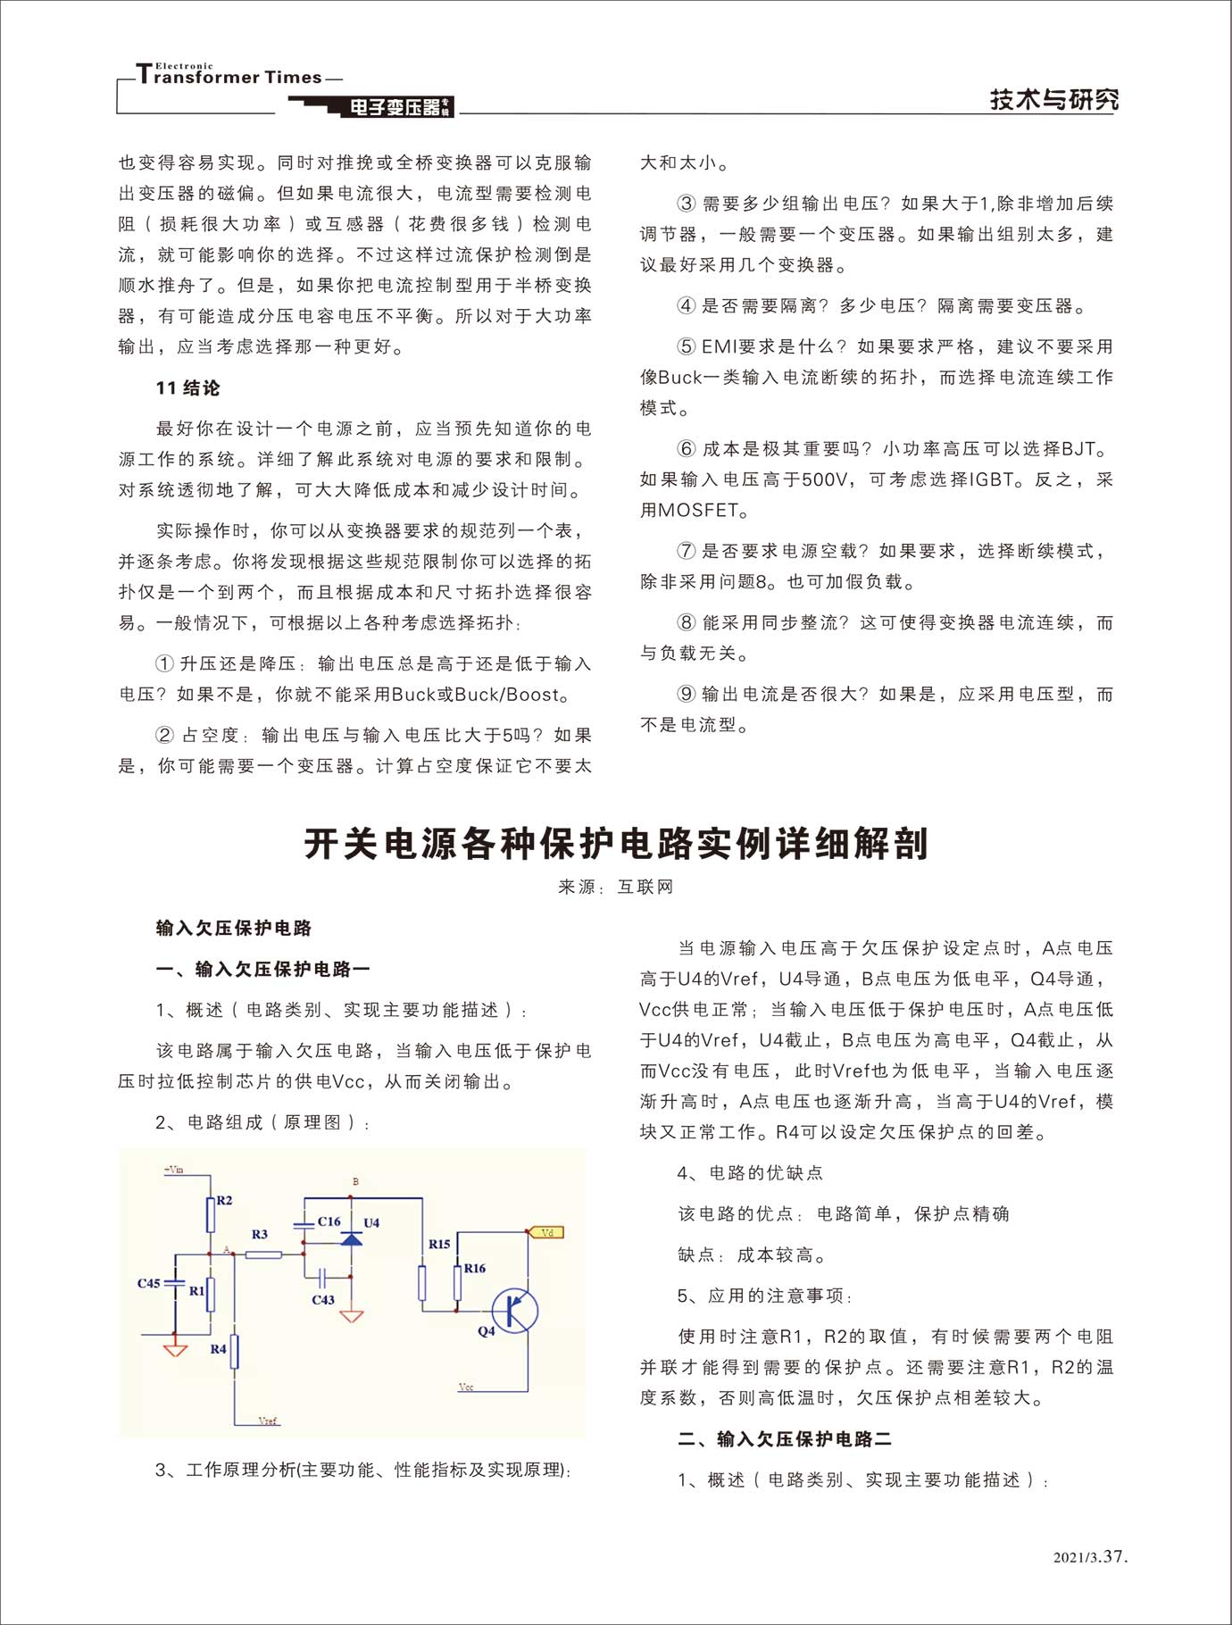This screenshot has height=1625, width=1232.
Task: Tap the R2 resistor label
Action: pos(224,1200)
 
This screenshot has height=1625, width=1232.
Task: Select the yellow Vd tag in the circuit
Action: pos(547,1232)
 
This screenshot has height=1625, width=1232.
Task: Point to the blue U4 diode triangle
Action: pos(352,1239)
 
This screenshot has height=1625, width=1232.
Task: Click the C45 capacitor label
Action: pos(148,1283)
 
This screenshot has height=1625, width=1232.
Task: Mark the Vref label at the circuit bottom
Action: pos(268,1420)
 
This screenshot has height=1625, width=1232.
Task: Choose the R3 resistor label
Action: pos(260,1234)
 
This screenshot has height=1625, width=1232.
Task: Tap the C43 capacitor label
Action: pos(323,1300)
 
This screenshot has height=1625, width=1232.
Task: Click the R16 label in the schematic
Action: pos(475,1268)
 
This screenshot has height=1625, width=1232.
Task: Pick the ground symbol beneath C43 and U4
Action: pos(352,1316)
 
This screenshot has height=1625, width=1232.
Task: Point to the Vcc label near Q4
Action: pos(466,1387)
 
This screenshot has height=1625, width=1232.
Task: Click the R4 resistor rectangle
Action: pos(235,1352)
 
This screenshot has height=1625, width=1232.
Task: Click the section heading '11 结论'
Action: pos(187,388)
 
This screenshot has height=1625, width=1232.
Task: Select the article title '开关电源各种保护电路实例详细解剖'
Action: pos(616,844)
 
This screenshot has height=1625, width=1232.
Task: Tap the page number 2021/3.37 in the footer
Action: pos(1090,1557)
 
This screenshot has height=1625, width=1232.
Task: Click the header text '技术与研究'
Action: pos(1053,100)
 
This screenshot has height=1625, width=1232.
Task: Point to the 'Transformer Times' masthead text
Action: pos(237,77)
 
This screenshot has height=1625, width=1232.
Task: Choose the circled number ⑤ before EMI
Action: pos(686,346)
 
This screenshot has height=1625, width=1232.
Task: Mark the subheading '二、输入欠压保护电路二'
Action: pos(785,1438)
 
